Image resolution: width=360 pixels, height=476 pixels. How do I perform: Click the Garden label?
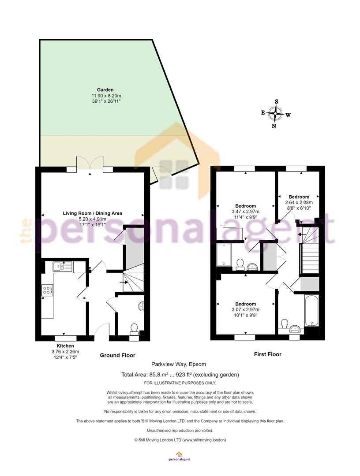tap(105, 90)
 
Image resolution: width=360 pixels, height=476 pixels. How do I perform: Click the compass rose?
tap(276, 114)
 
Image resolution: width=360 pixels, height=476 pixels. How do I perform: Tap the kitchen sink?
tap(62, 267)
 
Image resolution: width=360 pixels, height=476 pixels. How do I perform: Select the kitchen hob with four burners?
tap(47, 290)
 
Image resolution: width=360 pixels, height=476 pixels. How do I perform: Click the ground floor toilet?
tap(134, 329)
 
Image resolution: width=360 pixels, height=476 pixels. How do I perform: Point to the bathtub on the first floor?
tap(311, 310)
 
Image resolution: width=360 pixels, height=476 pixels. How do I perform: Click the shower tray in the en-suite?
tap(224, 254)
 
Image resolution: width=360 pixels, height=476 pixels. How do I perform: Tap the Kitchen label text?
tap(65, 346)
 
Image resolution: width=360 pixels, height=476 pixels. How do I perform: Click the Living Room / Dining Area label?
tap(92, 213)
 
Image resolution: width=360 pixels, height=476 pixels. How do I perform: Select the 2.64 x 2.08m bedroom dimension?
tap(299, 202)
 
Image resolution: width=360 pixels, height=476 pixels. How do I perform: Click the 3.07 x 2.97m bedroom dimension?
tap(245, 310)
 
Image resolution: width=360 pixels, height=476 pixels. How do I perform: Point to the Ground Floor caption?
tap(117, 355)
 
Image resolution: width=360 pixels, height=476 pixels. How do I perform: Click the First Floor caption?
tap(268, 354)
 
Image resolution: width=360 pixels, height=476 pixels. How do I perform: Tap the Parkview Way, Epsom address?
tap(179, 364)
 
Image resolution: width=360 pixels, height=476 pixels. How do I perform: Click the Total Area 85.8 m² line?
tap(180, 375)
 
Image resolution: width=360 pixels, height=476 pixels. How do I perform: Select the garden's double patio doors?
tap(90, 164)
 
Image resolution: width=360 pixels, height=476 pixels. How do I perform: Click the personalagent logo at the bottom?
tap(179, 457)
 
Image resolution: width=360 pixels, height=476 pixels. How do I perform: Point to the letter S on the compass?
tap(277, 101)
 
